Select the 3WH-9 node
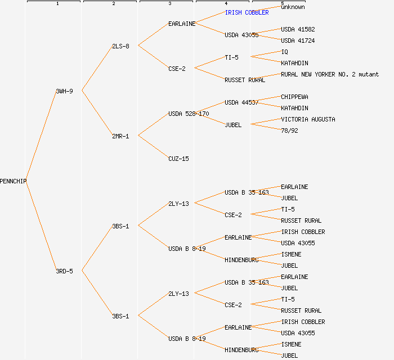coord(64,91)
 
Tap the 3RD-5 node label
coord(64,271)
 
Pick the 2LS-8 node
coord(120,46)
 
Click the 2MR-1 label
coord(120,136)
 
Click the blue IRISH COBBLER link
coord(247,12)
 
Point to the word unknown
coord(293,7)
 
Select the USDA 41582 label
coord(298,29)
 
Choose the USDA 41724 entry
coord(298,40)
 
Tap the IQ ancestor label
coord(284,52)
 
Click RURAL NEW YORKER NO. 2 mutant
coord(330,74)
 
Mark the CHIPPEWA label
coord(294,97)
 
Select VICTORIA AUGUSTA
coord(308,119)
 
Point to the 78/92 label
coord(289,130)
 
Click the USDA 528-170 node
coord(189,114)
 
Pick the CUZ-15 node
coord(178,159)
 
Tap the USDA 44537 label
coord(241,102)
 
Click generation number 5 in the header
coord(283,4)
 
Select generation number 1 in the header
coord(57,4)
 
